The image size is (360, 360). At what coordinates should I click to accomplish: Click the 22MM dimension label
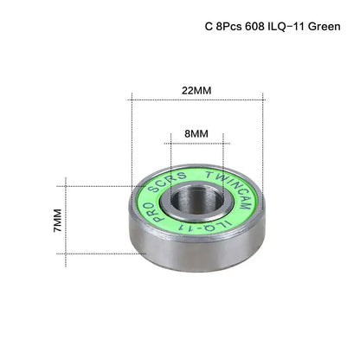coord(196,89)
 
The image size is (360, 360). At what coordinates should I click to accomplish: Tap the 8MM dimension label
coord(196,134)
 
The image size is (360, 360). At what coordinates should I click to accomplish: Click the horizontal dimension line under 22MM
coord(196,100)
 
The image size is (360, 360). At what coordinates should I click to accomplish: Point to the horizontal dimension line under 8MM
coord(196,145)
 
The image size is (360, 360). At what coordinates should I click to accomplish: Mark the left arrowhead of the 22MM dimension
coord(132,100)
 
